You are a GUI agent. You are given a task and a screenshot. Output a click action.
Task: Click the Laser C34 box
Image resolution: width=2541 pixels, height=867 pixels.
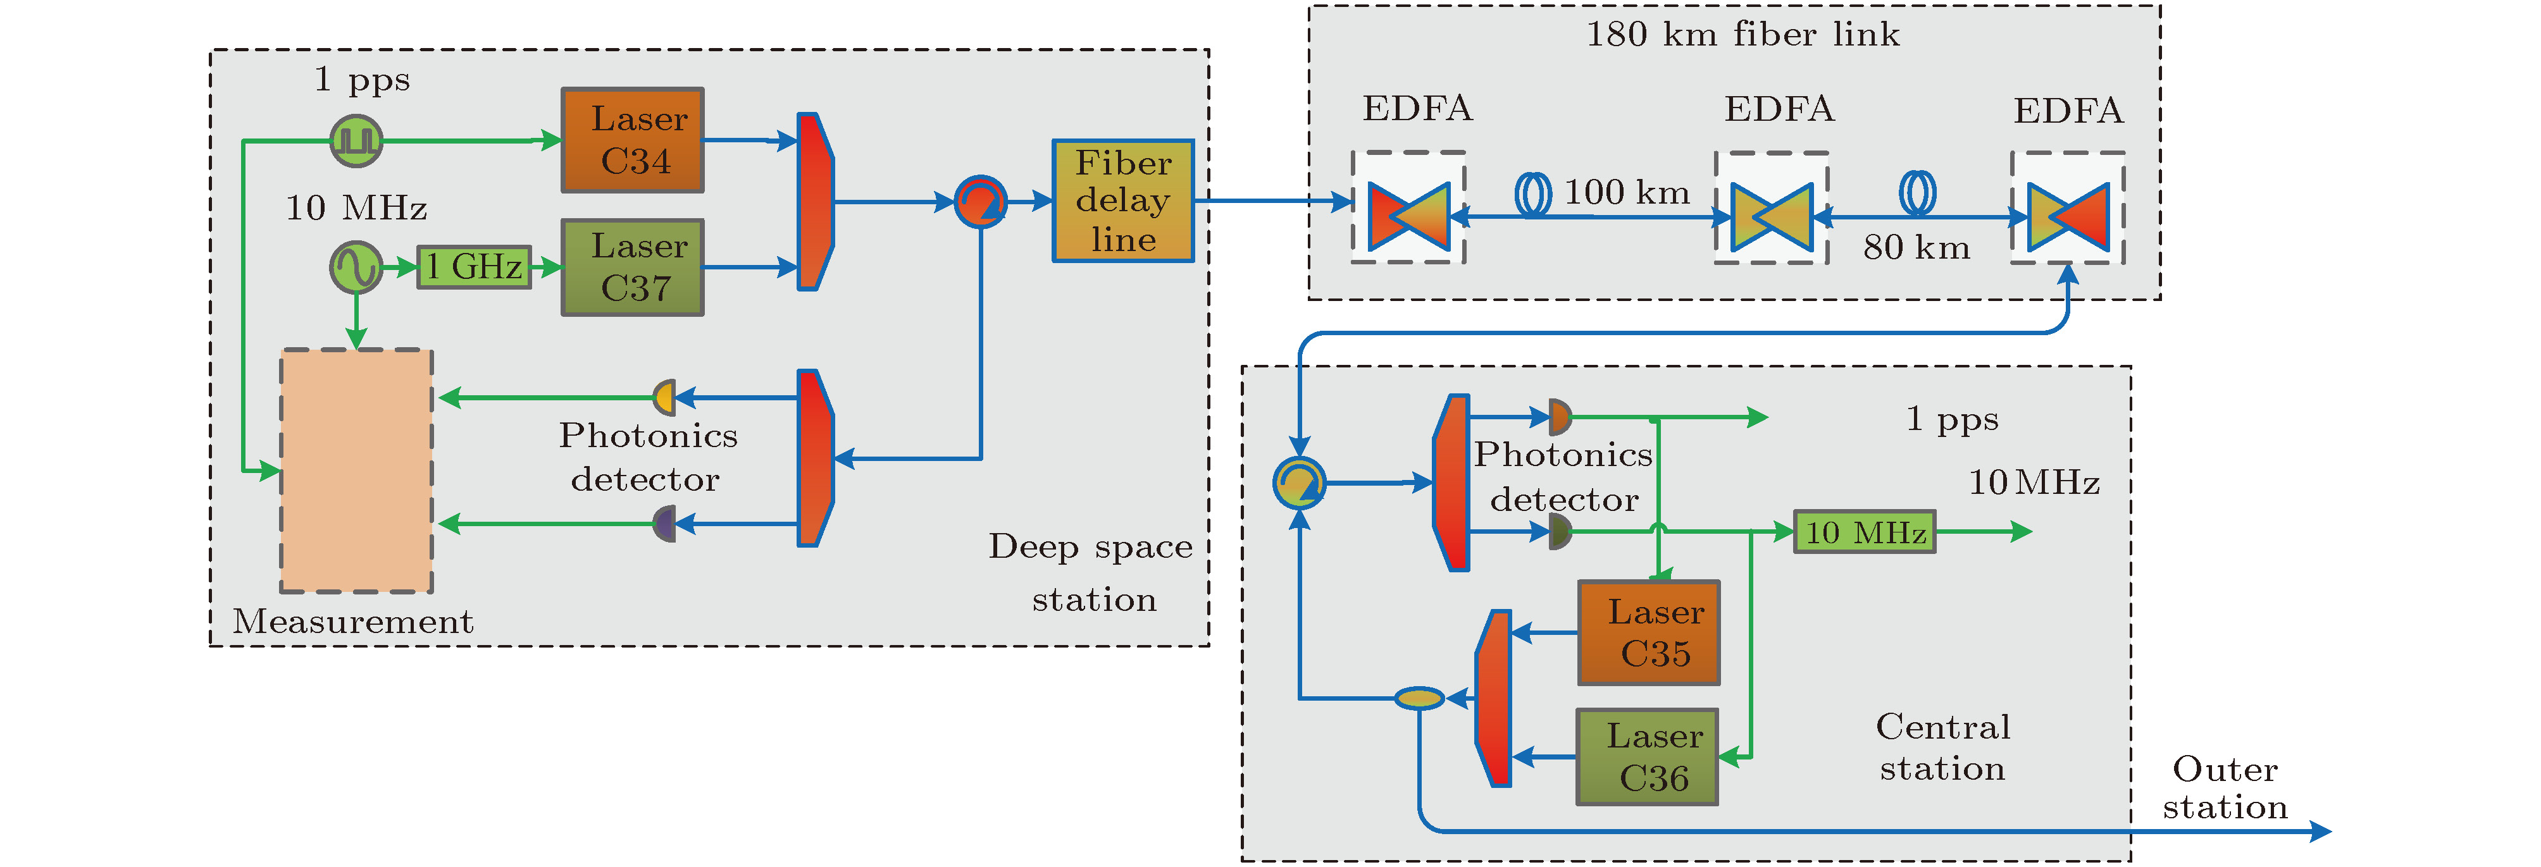(x=632, y=140)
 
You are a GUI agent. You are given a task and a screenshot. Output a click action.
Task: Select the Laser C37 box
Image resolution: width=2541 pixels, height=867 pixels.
(x=632, y=267)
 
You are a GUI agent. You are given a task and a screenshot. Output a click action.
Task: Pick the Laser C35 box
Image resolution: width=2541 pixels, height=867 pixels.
(x=1648, y=632)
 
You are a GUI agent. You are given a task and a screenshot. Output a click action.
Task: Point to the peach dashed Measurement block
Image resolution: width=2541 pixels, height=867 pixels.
(x=356, y=470)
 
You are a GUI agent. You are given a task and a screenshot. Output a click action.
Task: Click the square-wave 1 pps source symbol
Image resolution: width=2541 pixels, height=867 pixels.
(x=356, y=140)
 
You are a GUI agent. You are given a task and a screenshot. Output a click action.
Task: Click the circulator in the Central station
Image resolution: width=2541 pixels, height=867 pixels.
(x=1299, y=483)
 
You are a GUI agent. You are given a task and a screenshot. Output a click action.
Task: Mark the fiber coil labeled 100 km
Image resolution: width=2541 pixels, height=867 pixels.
(x=1533, y=194)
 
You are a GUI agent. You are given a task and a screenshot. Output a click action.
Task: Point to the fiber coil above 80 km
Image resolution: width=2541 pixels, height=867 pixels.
(x=1918, y=194)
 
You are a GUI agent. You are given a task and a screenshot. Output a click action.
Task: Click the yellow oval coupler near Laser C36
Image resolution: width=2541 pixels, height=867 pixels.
(x=1419, y=698)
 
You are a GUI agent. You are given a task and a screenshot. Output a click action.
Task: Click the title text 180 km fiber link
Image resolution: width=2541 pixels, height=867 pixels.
(x=1742, y=35)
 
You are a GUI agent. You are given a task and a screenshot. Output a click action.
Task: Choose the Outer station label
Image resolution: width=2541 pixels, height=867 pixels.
(x=2225, y=788)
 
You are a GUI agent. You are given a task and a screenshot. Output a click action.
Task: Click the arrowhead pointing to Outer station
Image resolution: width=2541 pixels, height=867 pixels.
(x=2320, y=832)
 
